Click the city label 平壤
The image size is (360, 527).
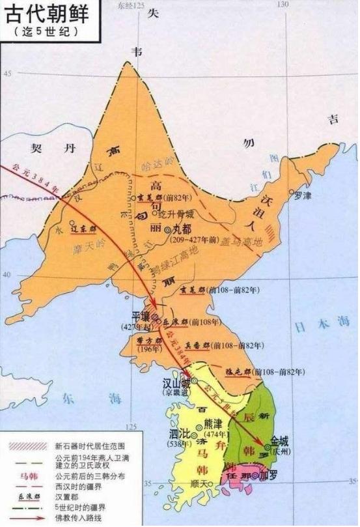tap(142, 317)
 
